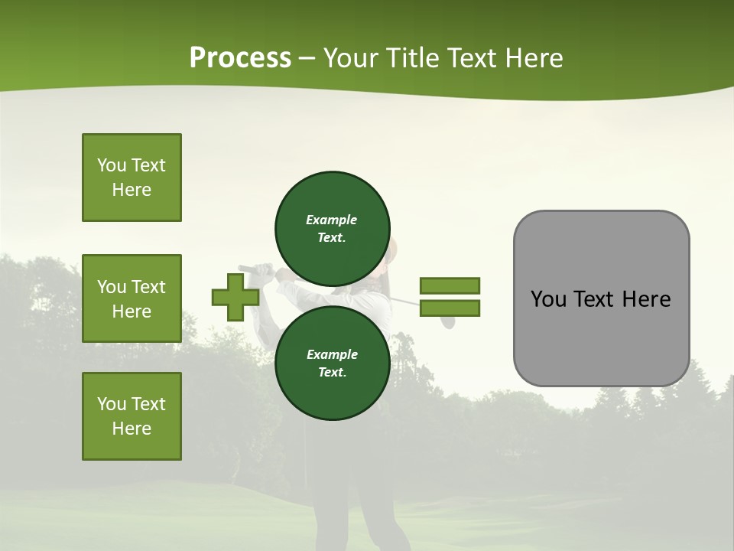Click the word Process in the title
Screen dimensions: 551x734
(x=240, y=57)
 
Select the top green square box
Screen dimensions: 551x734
(x=132, y=178)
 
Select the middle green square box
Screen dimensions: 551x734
(x=132, y=298)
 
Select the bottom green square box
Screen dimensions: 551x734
(x=132, y=416)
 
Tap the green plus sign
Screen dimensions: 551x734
(x=235, y=298)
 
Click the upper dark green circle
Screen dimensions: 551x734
(x=332, y=228)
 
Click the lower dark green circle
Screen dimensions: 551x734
(x=332, y=363)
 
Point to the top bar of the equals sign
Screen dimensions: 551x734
(x=450, y=285)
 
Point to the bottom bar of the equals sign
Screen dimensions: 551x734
(x=450, y=308)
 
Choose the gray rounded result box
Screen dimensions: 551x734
(x=601, y=298)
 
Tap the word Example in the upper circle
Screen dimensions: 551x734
(x=331, y=220)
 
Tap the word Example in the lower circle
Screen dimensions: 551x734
(x=331, y=354)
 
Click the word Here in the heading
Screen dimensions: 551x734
(x=534, y=58)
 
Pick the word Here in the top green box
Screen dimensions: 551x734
(x=132, y=190)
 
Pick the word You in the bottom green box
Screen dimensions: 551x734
(x=112, y=404)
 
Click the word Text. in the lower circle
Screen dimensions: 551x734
(x=332, y=372)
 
